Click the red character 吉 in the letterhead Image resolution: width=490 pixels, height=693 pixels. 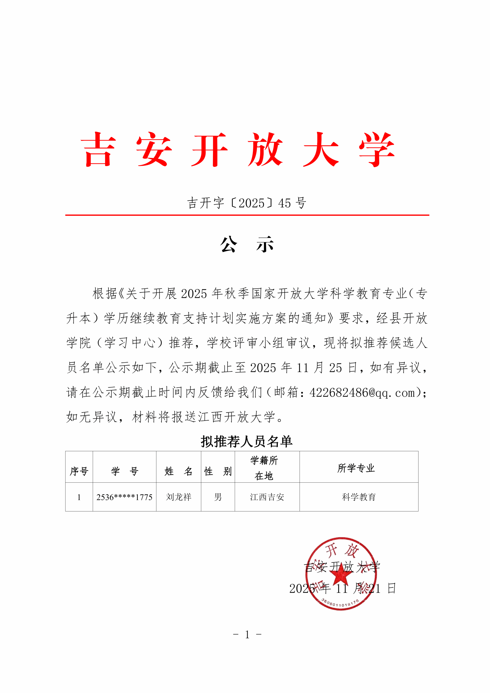98,150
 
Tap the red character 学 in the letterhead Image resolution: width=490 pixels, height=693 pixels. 377,150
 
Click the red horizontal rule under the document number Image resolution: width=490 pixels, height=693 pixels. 247,215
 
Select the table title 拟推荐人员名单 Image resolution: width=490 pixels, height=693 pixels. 246,442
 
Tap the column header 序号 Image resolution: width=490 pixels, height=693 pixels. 79,471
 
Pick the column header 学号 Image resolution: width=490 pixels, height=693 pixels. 124,471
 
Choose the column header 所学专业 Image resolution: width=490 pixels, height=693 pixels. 356,468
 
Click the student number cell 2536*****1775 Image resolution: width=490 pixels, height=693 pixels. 124,497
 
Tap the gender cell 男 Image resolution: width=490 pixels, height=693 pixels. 218,497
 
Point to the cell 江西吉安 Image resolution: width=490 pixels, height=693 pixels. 267,497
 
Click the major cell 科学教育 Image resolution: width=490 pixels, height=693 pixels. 359,497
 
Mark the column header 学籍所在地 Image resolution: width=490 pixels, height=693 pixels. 264,468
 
